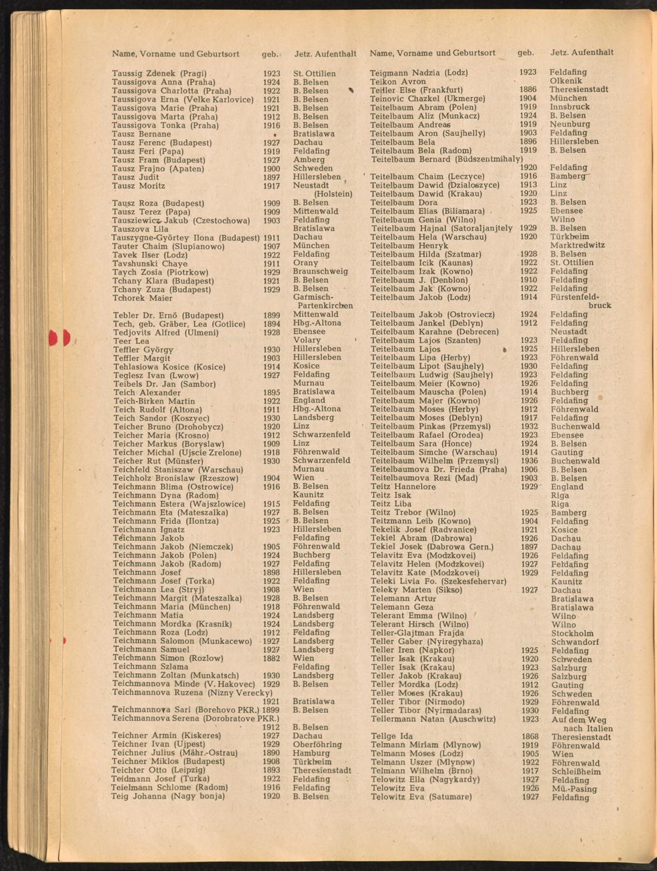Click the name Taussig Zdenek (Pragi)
pos(159,74)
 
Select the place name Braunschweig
pos(321,271)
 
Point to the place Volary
pos(307,340)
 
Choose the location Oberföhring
pos(317,744)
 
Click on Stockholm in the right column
pos(573,633)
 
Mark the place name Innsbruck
pos(570,106)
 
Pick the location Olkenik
pos(568,81)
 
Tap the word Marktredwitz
pos(578,245)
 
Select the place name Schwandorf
pos(575,642)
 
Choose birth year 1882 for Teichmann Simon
pos(271,658)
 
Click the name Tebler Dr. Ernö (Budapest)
pos(168,316)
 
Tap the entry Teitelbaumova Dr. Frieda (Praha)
pos(438,469)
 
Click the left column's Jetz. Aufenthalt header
pos(325,53)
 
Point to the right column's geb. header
pos(526,53)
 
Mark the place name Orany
pos(306,263)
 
